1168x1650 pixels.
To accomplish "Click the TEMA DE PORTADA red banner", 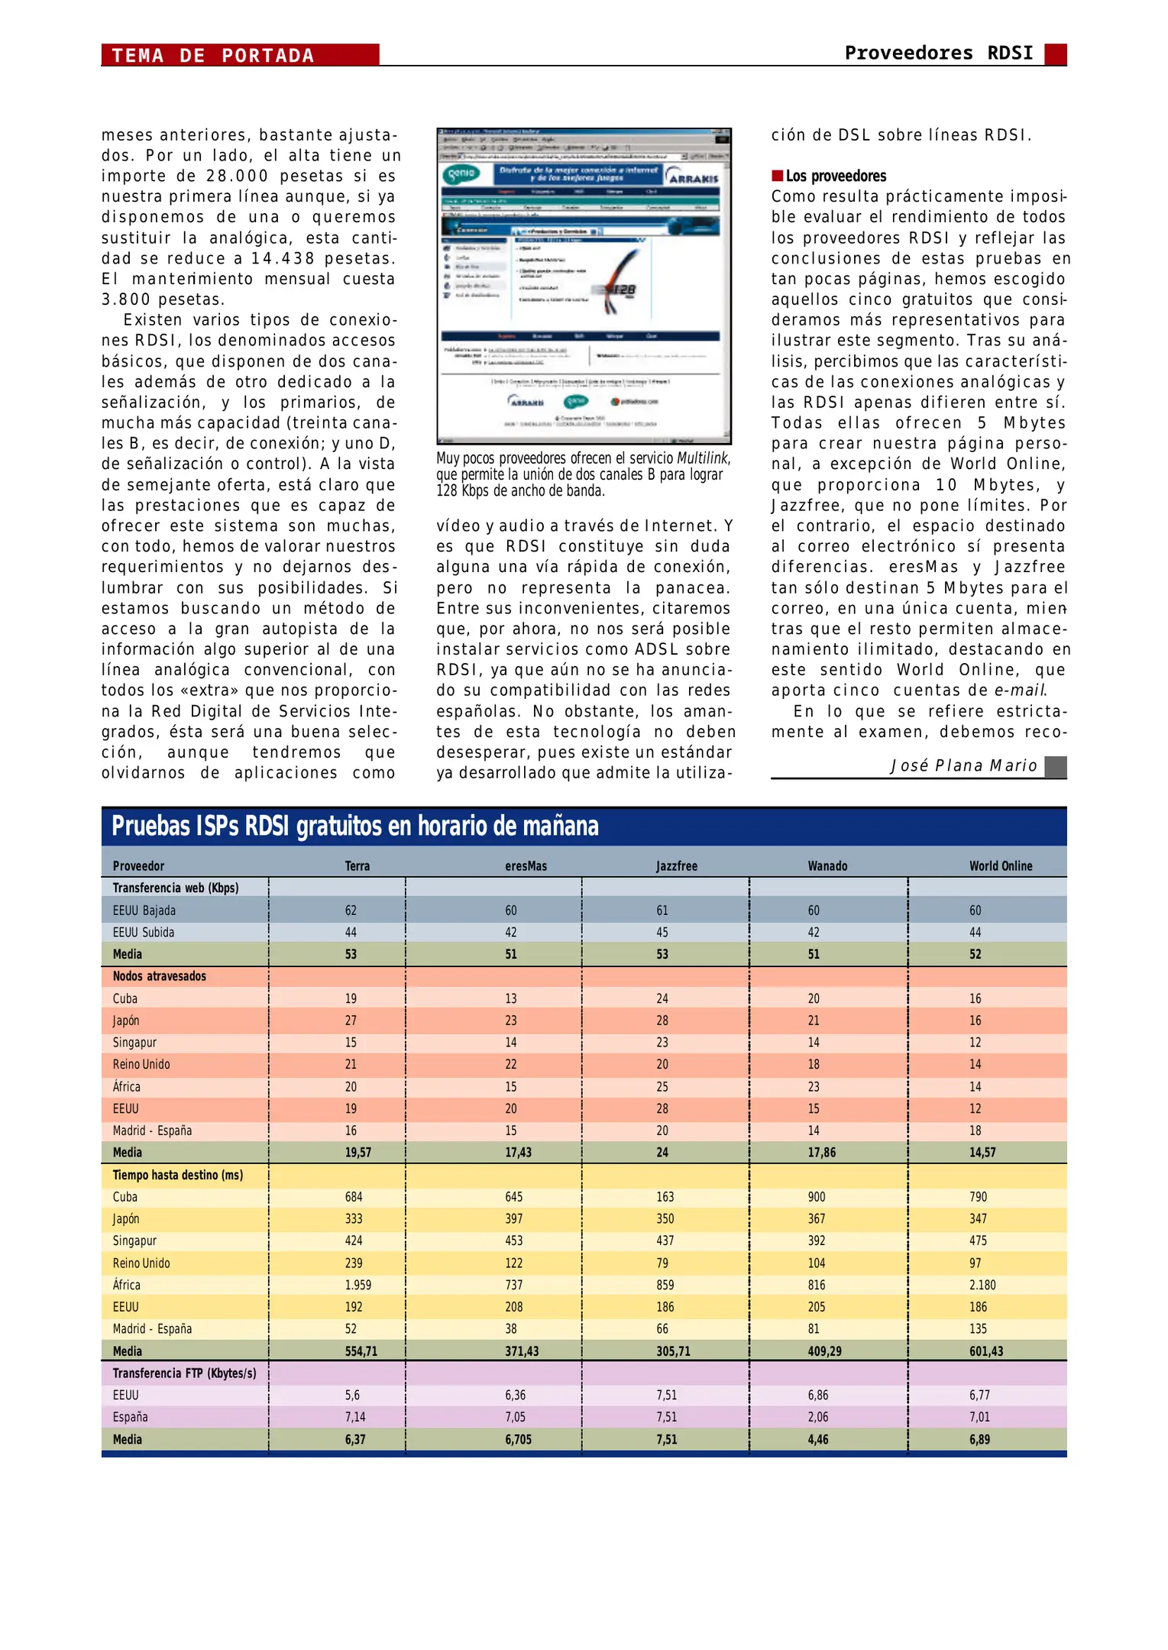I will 239,55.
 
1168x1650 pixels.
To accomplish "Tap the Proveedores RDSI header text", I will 938,53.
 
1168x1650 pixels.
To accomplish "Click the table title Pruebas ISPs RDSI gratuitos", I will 355,826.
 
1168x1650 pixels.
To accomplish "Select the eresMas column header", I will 526,865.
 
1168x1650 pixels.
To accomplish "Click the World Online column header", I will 1000,865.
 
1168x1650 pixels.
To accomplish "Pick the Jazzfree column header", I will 676,865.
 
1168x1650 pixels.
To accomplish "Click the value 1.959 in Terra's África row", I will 358,1285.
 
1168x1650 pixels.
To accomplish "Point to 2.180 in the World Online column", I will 982,1285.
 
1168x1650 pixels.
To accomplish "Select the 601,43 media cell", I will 985,1351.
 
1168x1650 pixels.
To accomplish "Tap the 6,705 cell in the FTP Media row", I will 517,1439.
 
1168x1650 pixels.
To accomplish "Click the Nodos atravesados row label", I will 159,976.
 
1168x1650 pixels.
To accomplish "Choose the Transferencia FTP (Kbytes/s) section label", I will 184,1373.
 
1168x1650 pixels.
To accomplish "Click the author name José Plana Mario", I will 963,765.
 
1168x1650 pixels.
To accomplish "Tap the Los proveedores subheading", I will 836,176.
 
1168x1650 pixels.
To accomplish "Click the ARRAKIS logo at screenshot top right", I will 693,177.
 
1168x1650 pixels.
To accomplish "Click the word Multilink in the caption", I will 702,458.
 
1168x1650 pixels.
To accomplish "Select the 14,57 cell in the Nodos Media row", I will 982,1152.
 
